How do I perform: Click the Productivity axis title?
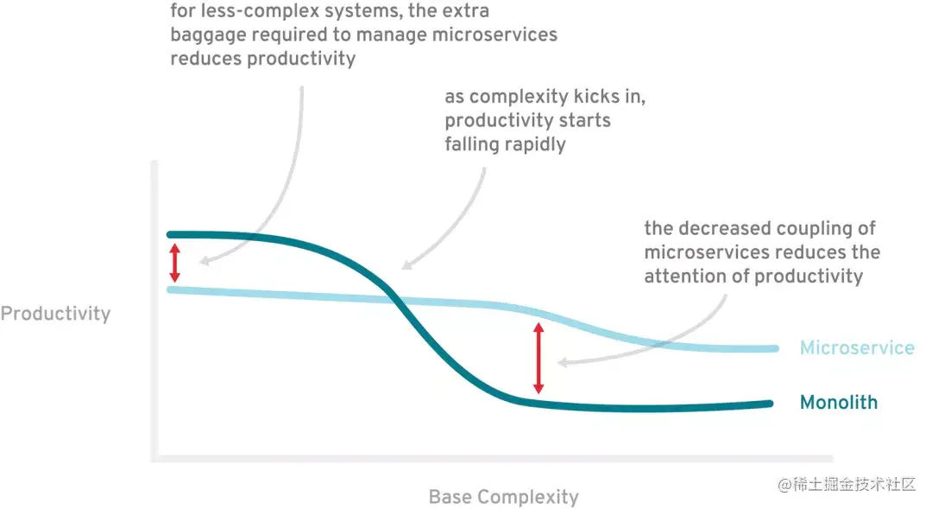coord(55,314)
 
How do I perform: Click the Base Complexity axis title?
coord(503,497)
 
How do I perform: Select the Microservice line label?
coord(856,348)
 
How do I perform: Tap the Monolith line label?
coord(838,403)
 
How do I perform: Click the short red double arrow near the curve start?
coord(174,263)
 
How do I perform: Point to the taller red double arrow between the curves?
coord(538,358)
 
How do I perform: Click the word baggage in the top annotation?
coord(208,35)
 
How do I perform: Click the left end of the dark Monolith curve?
coord(171,234)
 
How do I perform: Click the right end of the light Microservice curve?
coord(775,348)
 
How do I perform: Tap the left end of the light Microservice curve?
coord(171,289)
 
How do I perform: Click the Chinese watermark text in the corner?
coord(846,484)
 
